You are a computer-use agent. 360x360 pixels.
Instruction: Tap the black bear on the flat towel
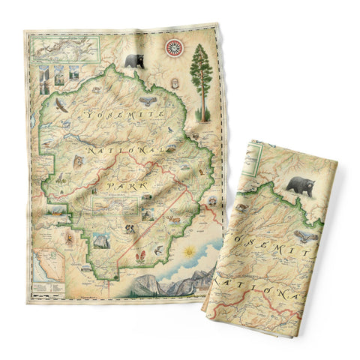pyautogui.click(x=135, y=61)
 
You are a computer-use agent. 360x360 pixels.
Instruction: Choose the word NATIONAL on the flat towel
pyautogui.click(x=127, y=152)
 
